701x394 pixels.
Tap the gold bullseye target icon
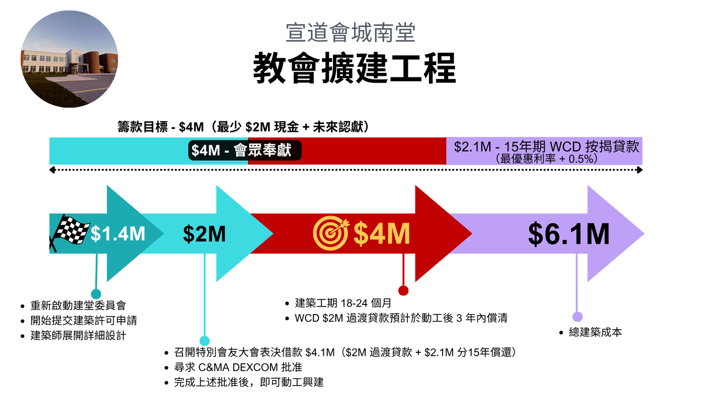pyautogui.click(x=331, y=233)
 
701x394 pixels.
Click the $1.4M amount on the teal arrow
pyautogui.click(x=118, y=233)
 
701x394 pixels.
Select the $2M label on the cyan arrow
pyautogui.click(x=204, y=234)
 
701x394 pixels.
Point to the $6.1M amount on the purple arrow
pyautogui.click(x=569, y=234)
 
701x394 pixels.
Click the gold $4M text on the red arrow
pyautogui.click(x=382, y=233)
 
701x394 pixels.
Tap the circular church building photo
pyautogui.click(x=69, y=59)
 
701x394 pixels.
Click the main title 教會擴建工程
pyautogui.click(x=354, y=68)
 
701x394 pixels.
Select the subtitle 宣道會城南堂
pyautogui.click(x=351, y=33)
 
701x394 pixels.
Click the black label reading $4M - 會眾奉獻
pyautogui.click(x=245, y=150)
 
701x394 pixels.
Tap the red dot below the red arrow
pyautogui.click(x=403, y=290)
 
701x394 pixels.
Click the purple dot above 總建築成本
pyautogui.click(x=577, y=317)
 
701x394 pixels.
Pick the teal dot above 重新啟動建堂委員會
pyautogui.click(x=96, y=294)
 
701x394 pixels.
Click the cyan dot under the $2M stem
pyautogui.click(x=204, y=341)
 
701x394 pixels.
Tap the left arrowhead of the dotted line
pyautogui.click(x=52, y=170)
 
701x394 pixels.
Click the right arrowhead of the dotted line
pyautogui.click(x=640, y=170)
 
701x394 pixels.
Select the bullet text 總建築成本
pyautogui.click(x=595, y=332)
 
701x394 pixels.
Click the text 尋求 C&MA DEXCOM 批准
pyautogui.click(x=238, y=367)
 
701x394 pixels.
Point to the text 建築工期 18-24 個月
pyautogui.click(x=343, y=303)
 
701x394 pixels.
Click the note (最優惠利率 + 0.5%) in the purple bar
pyautogui.click(x=547, y=159)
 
